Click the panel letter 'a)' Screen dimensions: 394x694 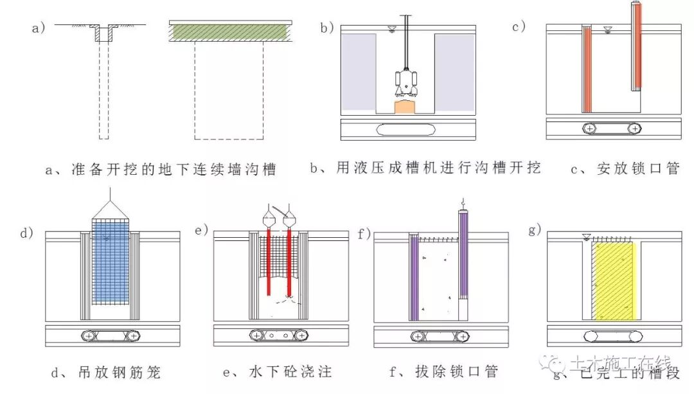pyautogui.click(x=39, y=28)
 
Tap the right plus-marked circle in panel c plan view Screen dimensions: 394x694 pyautogui.click(x=634, y=129)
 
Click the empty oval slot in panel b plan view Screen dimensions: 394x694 pyautogui.click(x=407, y=130)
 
